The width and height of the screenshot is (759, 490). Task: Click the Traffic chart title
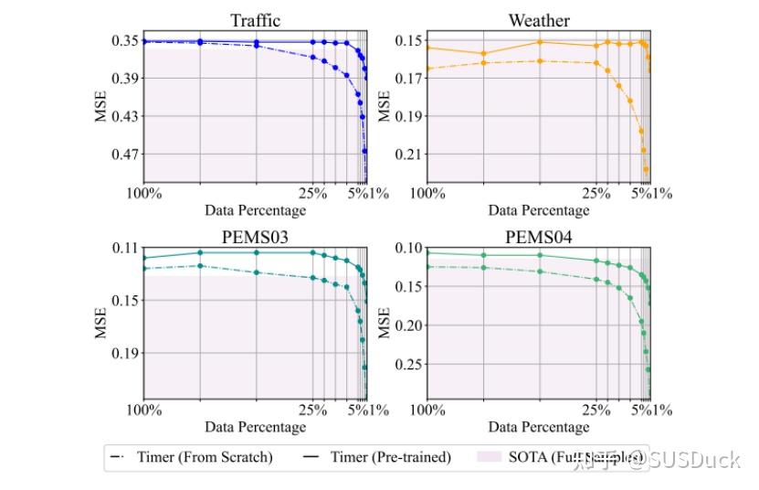[x=255, y=20]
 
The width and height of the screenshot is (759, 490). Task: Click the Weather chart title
[x=538, y=20]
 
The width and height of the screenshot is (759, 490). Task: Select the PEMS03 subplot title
[x=255, y=238]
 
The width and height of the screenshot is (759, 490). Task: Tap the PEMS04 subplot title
[x=538, y=238]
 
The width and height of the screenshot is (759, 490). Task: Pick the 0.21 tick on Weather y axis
[x=408, y=154]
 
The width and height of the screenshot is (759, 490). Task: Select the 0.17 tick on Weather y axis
[x=408, y=79]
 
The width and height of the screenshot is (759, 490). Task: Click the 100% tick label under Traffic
[x=144, y=194]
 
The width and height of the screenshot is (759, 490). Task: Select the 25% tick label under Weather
[x=596, y=194]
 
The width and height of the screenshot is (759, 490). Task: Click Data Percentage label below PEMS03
[x=255, y=427]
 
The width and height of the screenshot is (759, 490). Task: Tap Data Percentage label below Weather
[x=538, y=209]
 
